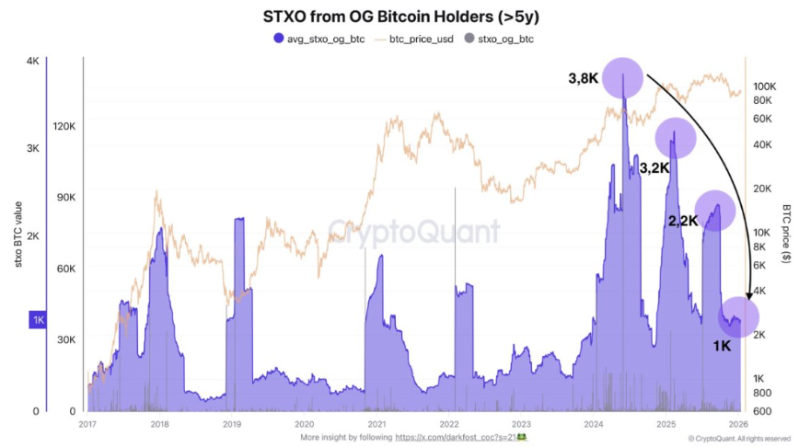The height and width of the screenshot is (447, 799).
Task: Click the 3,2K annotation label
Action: tap(654, 168)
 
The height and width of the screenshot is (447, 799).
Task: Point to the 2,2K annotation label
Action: tap(683, 221)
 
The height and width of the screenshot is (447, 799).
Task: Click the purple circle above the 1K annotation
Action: tap(739, 315)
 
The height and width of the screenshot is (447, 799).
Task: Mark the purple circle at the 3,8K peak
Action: tap(623, 77)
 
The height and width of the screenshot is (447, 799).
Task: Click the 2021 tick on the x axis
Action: tap(376, 424)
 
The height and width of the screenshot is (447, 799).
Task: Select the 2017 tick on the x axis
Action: tap(88, 424)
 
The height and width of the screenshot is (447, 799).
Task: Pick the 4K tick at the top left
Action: tap(32, 62)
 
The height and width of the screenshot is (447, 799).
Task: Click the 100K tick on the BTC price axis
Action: tap(766, 85)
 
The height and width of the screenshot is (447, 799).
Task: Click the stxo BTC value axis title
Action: tap(17, 235)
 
